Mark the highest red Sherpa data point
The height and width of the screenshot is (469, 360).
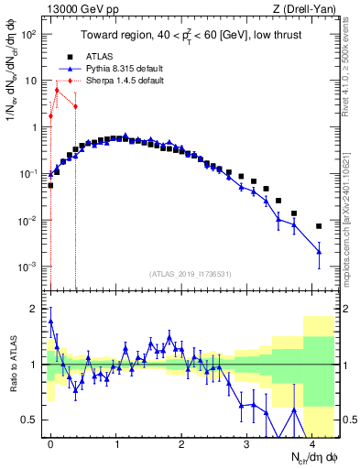(x=57, y=90)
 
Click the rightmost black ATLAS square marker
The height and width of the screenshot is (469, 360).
(x=319, y=226)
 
